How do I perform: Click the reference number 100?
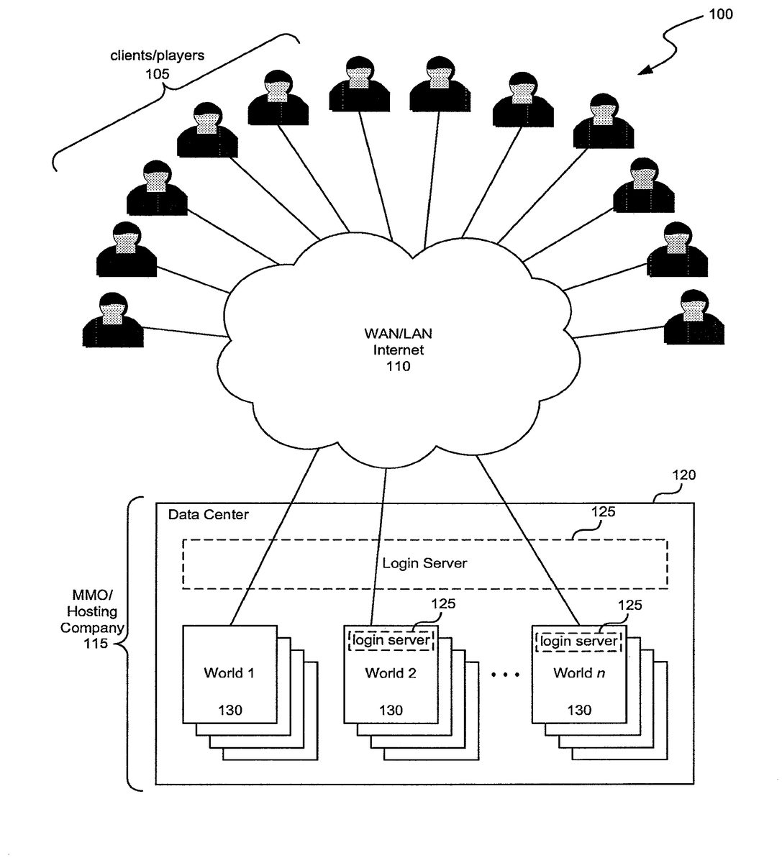click(x=720, y=14)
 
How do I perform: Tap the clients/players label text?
click(x=157, y=55)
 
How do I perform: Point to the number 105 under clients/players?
click(x=158, y=73)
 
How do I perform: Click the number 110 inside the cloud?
click(x=398, y=367)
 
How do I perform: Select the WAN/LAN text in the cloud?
click(x=398, y=334)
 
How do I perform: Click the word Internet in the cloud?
click(x=398, y=350)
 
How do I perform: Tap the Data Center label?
click(x=208, y=515)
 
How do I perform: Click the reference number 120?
click(x=683, y=475)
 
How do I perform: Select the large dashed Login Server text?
click(x=424, y=563)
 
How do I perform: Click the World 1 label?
click(x=229, y=673)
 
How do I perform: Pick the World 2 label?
click(x=391, y=673)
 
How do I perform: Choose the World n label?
click(x=578, y=673)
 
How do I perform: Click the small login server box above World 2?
click(x=391, y=640)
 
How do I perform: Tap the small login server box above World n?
click(x=578, y=640)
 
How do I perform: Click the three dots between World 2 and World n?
click(x=504, y=675)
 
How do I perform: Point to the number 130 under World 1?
click(x=230, y=710)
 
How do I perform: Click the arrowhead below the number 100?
click(x=643, y=71)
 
